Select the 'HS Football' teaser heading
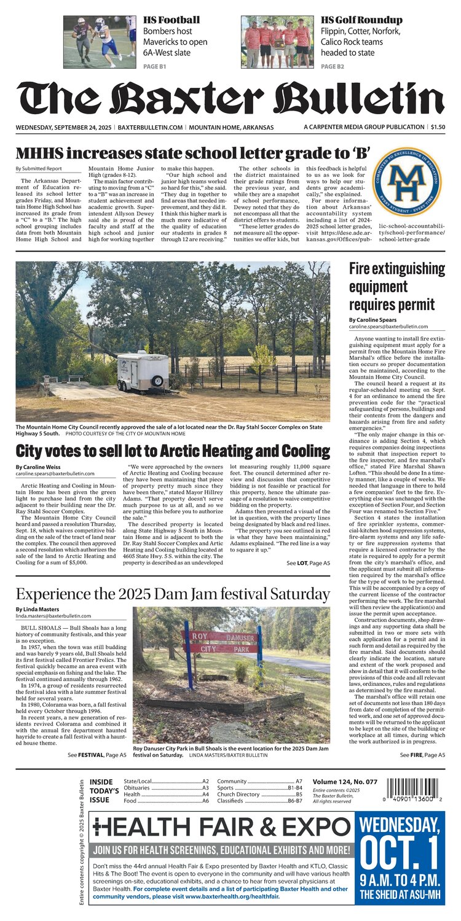171,20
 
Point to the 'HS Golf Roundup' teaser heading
361,20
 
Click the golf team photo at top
278,42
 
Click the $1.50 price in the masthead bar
438,127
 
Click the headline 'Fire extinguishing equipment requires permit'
387,286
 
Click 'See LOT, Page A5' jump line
308,562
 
